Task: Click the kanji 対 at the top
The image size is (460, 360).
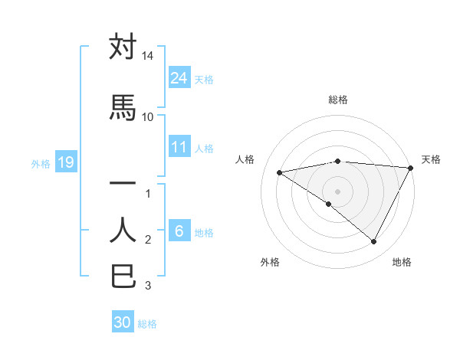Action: [123, 47]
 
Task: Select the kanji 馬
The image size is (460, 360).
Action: [123, 107]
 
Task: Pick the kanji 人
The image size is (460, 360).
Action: [123, 229]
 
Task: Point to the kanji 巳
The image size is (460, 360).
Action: [123, 276]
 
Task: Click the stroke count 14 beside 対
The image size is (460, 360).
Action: [148, 57]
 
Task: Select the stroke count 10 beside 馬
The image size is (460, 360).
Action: [148, 116]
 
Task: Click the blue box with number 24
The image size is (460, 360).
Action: [179, 77]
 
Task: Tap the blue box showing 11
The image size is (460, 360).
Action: [179, 147]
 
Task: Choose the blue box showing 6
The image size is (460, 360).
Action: [179, 231]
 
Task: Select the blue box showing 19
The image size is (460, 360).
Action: [65, 162]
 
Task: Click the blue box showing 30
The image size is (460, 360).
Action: [123, 322]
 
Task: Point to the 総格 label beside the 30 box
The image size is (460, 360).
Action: [148, 324]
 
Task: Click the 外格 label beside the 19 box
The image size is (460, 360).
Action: [41, 163]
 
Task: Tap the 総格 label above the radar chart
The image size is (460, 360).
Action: [337, 100]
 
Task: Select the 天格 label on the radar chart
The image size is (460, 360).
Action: [431, 159]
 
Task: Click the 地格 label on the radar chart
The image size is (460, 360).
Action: [402, 262]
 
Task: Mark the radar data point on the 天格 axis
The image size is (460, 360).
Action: [412, 168]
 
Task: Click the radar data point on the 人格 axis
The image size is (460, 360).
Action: [280, 172]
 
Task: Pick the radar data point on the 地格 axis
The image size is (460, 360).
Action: [374, 242]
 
